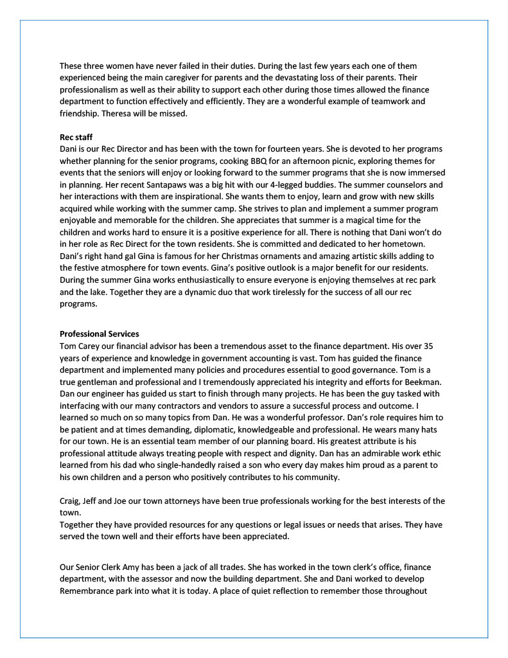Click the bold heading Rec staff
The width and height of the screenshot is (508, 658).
(x=76, y=137)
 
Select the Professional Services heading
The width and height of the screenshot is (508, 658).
(x=99, y=333)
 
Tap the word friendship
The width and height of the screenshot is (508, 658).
(x=82, y=114)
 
